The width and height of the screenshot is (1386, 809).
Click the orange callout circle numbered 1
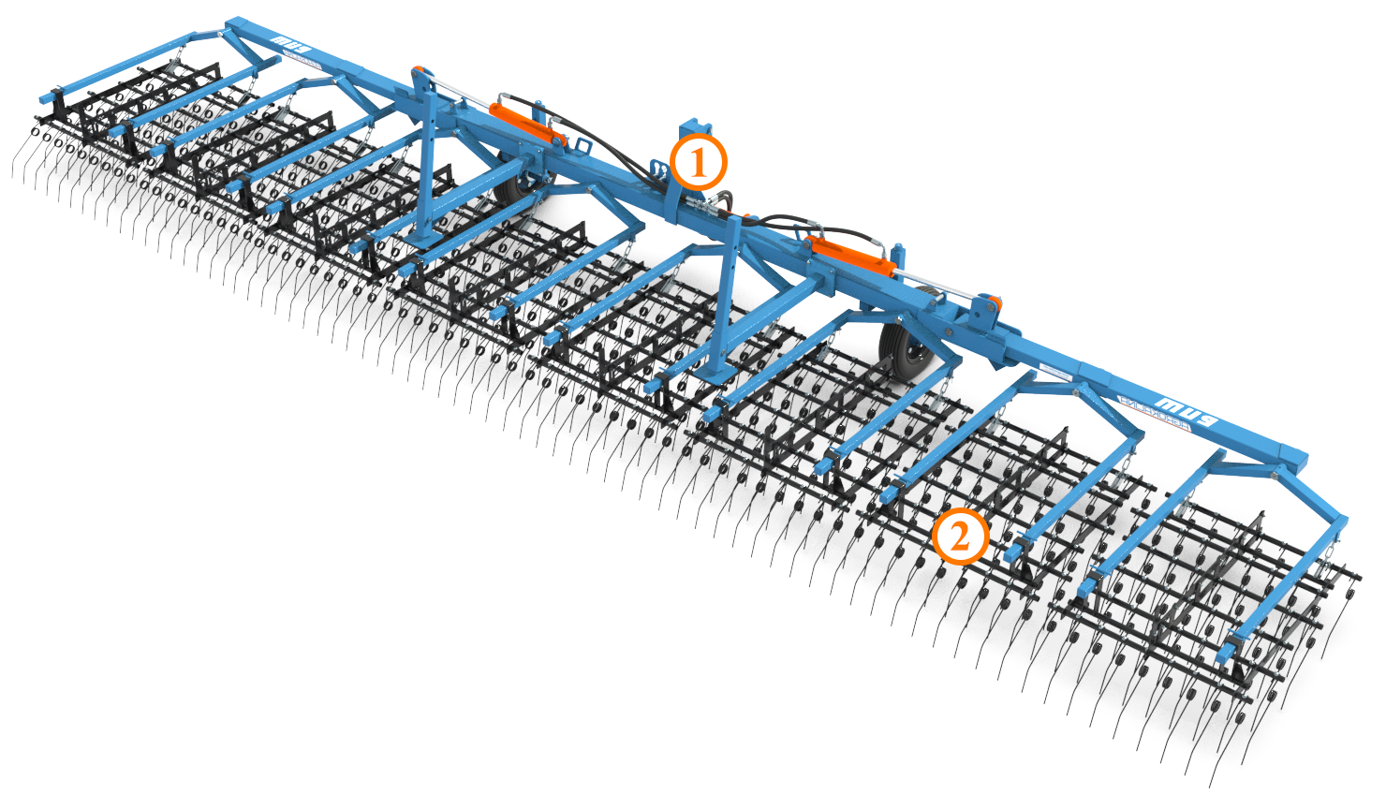pyautogui.click(x=698, y=163)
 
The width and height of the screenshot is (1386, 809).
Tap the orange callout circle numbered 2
pyautogui.click(x=960, y=537)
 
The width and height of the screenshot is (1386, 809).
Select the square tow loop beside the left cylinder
pyautogui.click(x=582, y=148)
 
